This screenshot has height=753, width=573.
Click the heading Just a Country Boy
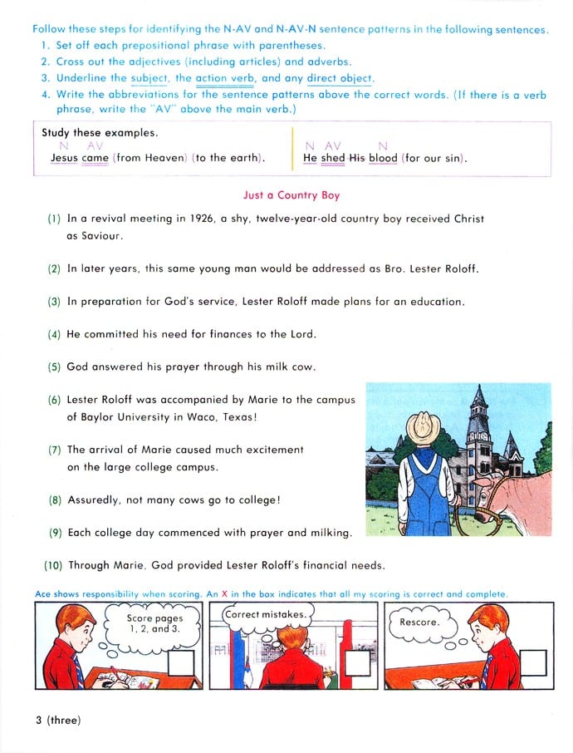291,195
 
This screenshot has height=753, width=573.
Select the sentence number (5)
54,367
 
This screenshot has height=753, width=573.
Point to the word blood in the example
384,158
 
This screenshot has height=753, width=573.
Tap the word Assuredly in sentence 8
97,500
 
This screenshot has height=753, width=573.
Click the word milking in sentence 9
329,532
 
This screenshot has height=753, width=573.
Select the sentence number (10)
52,565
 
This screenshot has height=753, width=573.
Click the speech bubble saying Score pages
154,624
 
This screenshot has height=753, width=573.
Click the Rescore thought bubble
419,622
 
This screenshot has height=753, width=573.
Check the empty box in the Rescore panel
534,662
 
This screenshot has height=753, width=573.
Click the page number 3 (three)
57,720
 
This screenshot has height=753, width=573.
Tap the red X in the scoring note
223,594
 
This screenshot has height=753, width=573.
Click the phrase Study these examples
100,132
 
